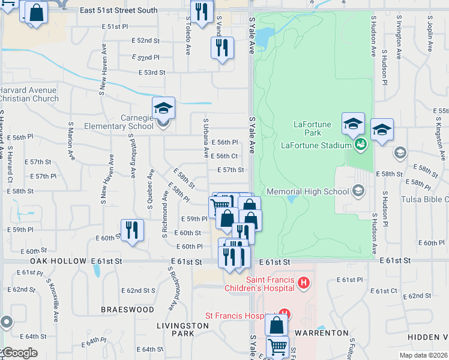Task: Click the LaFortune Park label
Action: click(x=312, y=125)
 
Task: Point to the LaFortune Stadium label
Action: click(x=316, y=145)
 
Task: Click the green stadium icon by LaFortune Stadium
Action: click(x=361, y=144)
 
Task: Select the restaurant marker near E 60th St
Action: click(x=133, y=230)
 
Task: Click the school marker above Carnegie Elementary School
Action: click(x=163, y=108)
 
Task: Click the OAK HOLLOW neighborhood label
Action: click(x=59, y=262)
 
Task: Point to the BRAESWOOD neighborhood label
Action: click(x=127, y=310)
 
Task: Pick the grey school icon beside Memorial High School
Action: click(x=358, y=191)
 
